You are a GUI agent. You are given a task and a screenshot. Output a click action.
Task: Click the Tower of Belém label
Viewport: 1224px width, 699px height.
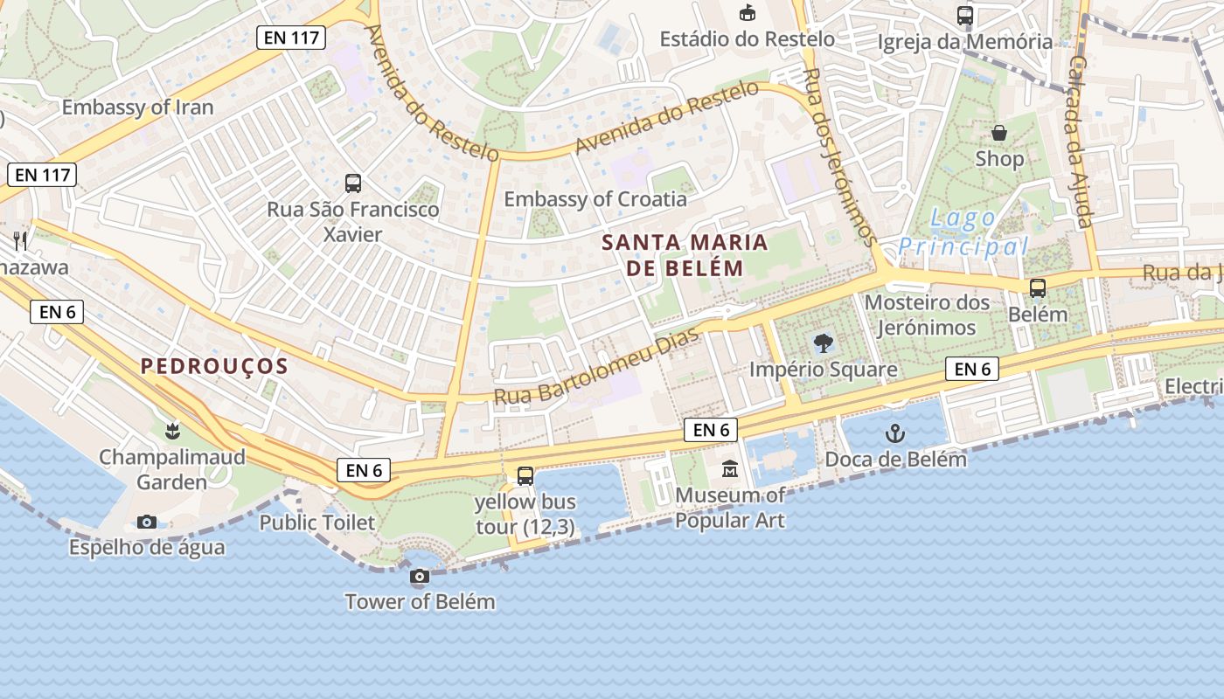tap(420, 601)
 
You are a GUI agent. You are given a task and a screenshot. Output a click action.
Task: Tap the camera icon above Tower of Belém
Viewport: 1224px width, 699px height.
tap(420, 576)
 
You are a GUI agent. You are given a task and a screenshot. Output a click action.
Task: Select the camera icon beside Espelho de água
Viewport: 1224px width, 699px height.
tap(147, 522)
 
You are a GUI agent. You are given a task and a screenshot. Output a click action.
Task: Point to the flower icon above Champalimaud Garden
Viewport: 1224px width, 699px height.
tap(172, 430)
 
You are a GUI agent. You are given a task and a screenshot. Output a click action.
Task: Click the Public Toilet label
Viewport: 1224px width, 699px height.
tap(317, 523)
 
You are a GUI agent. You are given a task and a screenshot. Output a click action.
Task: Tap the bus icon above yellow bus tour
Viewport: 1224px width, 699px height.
tap(525, 475)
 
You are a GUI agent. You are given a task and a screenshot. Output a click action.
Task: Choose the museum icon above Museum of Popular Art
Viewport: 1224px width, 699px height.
tap(730, 469)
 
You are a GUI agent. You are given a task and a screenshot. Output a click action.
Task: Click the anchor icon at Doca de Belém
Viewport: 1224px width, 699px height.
tap(895, 433)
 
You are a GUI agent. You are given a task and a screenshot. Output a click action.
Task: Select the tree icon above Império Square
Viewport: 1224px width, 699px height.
tap(823, 343)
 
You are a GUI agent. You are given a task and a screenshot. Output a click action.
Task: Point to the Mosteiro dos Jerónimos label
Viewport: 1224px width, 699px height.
tap(927, 315)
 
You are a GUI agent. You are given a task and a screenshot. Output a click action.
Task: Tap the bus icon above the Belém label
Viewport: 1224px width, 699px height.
tap(1038, 287)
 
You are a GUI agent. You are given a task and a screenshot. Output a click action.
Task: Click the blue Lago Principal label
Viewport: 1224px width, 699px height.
tap(963, 232)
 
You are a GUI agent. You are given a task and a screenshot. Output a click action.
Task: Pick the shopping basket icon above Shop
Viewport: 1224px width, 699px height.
tap(999, 133)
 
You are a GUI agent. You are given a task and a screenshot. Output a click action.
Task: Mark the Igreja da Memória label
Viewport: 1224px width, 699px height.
tap(965, 41)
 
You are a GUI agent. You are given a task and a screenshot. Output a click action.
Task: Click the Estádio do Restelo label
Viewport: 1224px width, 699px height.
tap(747, 38)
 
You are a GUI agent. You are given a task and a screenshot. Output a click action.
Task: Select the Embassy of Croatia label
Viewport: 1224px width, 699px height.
tap(595, 198)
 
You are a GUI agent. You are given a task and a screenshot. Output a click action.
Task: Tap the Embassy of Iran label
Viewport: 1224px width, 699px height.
tap(137, 107)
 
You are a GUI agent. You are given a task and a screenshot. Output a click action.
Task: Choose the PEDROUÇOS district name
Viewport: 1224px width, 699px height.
tap(214, 366)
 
